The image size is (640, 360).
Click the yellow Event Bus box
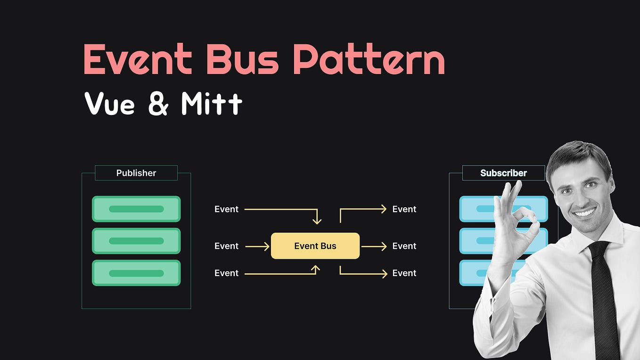[315, 245]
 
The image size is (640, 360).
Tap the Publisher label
[136, 173]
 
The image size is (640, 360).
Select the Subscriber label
[503, 173]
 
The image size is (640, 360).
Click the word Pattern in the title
[369, 60]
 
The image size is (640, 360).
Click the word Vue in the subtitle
[109, 104]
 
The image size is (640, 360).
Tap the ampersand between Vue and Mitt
[158, 104]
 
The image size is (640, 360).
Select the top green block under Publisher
[136, 209]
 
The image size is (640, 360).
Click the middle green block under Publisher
[136, 241]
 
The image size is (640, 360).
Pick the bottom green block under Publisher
[136, 273]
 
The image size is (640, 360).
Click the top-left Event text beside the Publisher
[226, 209]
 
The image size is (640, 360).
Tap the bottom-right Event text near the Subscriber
[404, 273]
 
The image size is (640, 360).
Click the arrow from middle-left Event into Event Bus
[257, 246]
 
